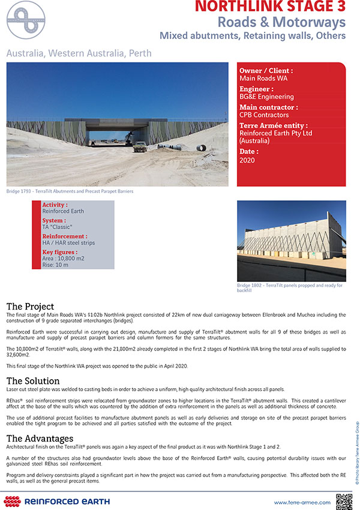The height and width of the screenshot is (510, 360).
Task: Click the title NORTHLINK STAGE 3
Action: click(x=271, y=8)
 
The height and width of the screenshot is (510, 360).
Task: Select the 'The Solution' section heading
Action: click(x=33, y=380)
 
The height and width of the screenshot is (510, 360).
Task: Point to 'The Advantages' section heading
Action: click(x=40, y=438)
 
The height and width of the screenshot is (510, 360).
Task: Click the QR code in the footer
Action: click(x=343, y=500)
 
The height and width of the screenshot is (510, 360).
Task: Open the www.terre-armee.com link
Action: click(x=302, y=502)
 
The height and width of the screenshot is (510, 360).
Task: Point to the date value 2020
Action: click(x=247, y=161)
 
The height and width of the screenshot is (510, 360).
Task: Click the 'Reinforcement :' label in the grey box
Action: click(x=65, y=236)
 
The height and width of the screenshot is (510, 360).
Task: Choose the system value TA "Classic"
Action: click(x=57, y=227)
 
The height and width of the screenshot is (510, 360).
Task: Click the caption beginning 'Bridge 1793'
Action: click(x=70, y=191)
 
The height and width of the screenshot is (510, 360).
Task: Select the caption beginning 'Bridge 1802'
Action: click(x=289, y=288)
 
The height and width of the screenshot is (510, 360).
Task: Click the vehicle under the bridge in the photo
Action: click(x=139, y=146)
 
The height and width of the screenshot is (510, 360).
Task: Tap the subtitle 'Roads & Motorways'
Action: click(x=281, y=23)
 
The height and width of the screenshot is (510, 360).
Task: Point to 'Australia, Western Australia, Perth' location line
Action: click(x=79, y=53)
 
